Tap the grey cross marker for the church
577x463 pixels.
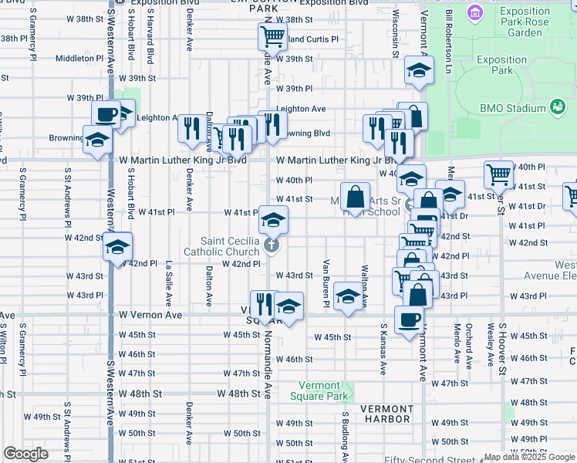(x=271, y=246)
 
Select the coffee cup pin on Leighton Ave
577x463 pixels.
(x=106, y=114)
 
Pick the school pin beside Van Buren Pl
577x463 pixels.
(x=349, y=297)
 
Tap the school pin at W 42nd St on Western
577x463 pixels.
(x=118, y=247)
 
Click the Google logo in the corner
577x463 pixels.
(x=25, y=454)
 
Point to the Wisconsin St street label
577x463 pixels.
(x=395, y=34)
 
